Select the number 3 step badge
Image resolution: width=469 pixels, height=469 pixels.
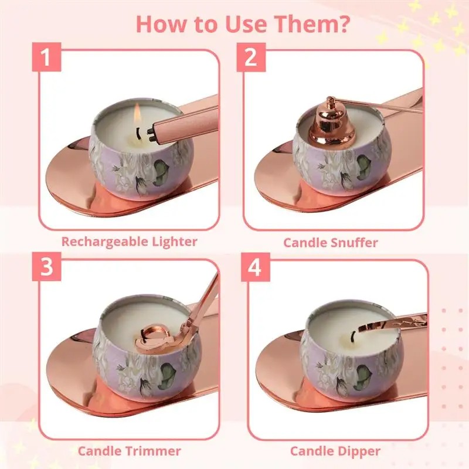point(45,269)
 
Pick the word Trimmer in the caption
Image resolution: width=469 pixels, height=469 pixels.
point(152,451)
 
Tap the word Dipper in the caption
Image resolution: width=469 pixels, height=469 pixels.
point(359,451)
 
